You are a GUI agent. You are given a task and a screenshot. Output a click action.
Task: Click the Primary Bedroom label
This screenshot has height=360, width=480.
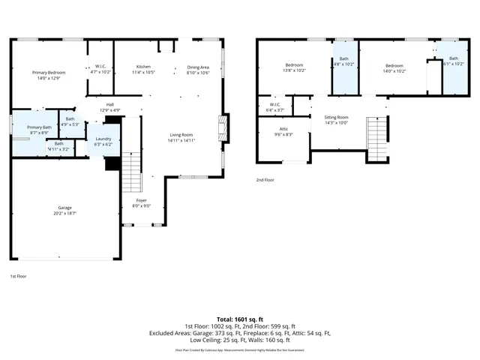(44, 73)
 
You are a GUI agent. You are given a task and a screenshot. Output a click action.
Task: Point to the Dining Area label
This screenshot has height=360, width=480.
(198, 67)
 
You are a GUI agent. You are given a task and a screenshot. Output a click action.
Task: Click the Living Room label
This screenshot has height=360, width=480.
(181, 134)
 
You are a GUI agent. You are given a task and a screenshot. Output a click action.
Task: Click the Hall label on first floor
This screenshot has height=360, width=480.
(109, 104)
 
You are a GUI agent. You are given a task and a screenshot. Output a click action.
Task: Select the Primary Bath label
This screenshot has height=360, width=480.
(39, 128)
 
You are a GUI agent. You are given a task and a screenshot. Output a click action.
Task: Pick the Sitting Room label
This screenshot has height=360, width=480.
(336, 118)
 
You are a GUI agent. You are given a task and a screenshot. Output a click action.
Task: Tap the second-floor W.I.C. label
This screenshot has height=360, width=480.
(274, 104)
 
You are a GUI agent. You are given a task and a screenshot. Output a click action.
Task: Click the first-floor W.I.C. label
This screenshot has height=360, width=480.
(100, 66)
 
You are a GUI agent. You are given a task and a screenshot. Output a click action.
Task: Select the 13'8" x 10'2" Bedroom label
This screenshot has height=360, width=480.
(293, 65)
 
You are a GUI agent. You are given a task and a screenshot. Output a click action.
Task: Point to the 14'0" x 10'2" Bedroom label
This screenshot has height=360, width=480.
(394, 65)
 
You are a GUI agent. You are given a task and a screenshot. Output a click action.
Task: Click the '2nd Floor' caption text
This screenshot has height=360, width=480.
(265, 180)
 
